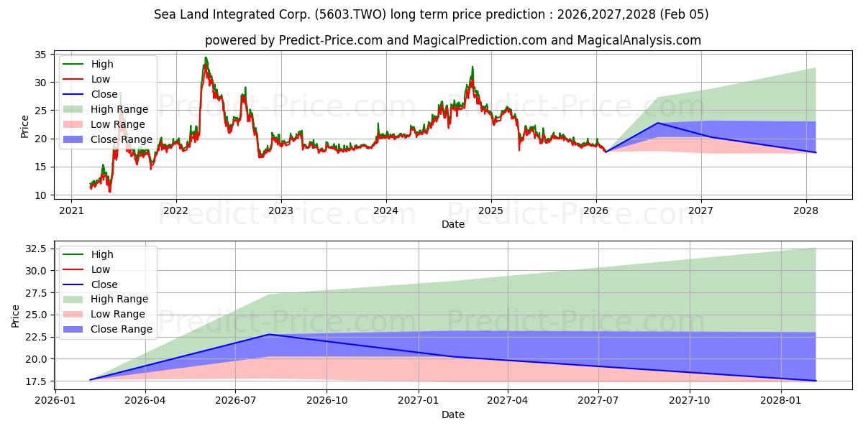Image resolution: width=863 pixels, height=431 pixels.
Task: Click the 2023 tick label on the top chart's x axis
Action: tap(280, 211)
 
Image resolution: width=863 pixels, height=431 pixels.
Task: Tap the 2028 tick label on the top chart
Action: tap(805, 211)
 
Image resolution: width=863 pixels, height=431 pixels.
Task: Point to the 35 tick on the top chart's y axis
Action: tap(40, 55)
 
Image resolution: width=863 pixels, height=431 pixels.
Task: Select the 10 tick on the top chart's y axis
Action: tap(40, 195)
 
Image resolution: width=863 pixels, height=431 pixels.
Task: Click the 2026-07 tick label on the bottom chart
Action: tap(236, 401)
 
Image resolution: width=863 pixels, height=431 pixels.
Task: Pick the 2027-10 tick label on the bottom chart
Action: tap(690, 401)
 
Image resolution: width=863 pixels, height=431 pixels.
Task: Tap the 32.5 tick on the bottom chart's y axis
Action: tap(35, 249)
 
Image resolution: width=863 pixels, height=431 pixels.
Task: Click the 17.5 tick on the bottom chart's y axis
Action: tap(35, 381)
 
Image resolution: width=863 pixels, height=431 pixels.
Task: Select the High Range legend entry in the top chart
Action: tap(119, 109)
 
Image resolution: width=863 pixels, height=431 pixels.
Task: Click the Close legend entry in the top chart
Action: tap(105, 94)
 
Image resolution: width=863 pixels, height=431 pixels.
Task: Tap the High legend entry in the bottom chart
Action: tap(102, 254)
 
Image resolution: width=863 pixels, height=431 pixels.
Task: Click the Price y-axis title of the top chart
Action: tap(25, 126)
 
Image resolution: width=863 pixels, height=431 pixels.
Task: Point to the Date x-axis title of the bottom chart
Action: tap(453, 414)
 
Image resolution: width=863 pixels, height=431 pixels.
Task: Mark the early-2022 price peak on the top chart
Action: tap(206, 58)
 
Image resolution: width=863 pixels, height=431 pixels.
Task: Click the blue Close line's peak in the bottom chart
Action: tap(269, 334)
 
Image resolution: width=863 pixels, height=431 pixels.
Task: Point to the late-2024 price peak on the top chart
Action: tap(472, 67)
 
